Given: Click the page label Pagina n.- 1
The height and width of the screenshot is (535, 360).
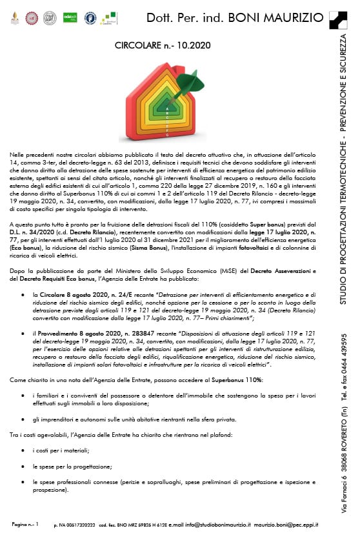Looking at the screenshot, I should pyautogui.click(x=26, y=525).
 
